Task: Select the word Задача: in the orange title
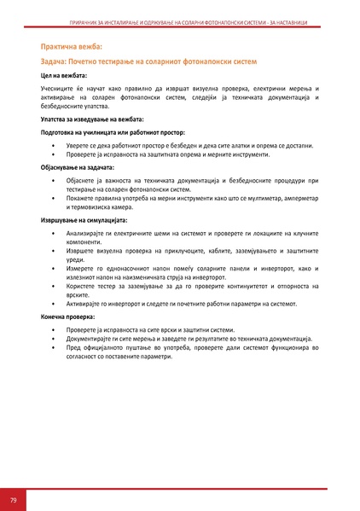57,62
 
